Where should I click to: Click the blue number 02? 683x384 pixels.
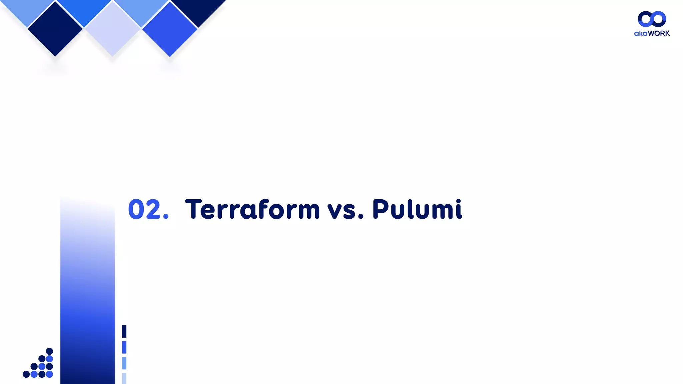click(148, 209)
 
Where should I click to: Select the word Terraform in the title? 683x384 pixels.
click(252, 209)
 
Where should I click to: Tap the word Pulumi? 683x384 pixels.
click(417, 209)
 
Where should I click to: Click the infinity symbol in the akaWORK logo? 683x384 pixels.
click(652, 19)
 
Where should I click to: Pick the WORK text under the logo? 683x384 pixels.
click(659, 33)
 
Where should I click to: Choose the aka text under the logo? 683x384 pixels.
click(641, 33)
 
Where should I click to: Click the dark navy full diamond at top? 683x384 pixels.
click(55, 29)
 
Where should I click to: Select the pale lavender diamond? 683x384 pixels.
click(113, 29)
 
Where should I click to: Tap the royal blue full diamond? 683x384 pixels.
click(170, 29)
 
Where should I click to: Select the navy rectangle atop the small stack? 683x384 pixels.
click(124, 331)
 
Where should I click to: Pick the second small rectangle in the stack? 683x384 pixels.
click(124, 347)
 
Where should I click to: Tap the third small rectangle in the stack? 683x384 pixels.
click(124, 363)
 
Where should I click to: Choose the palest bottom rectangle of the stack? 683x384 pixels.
click(124, 378)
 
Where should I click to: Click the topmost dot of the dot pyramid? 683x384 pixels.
click(49, 351)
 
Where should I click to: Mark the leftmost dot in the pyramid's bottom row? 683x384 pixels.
click(26, 374)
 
